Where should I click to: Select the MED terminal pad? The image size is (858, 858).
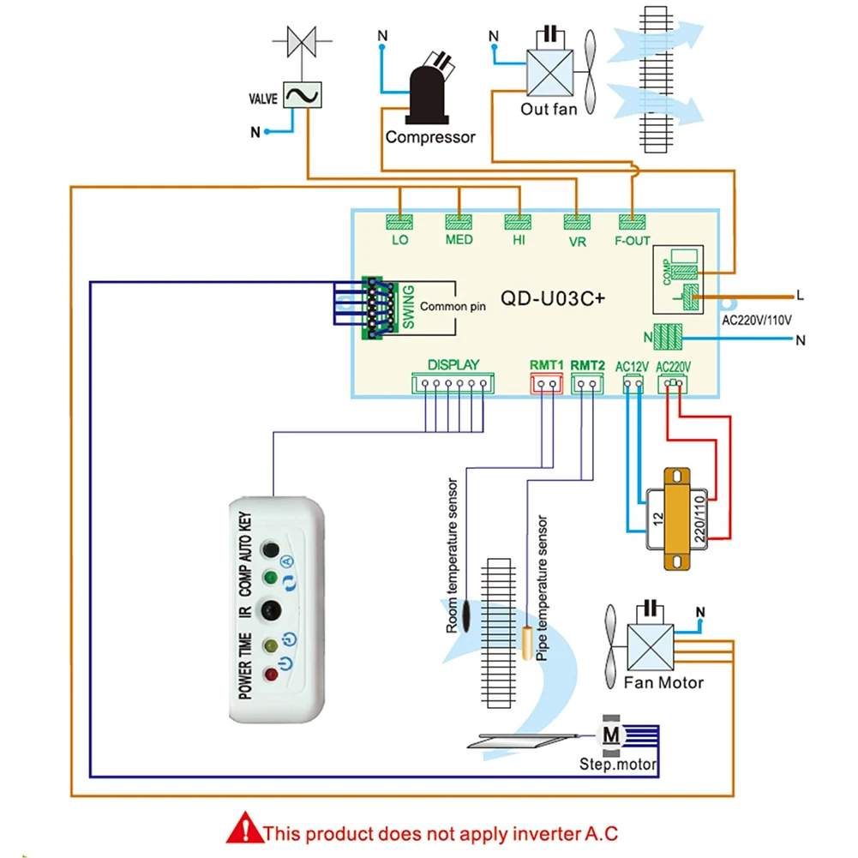click(x=459, y=221)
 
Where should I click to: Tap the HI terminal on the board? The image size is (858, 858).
click(x=519, y=221)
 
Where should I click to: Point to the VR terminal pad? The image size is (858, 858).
click(x=576, y=221)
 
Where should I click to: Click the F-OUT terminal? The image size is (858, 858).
click(x=632, y=221)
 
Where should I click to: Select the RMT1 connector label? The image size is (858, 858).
click(x=546, y=365)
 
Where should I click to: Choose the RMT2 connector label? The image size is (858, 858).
click(x=587, y=365)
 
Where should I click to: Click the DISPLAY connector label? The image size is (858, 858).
click(x=453, y=364)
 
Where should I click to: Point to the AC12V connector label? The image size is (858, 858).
click(x=633, y=366)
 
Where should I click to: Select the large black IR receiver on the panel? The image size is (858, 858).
click(x=271, y=610)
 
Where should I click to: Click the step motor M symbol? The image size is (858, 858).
click(x=610, y=735)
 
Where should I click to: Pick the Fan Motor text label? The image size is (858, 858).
click(x=663, y=683)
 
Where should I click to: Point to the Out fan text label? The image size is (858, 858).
click(x=549, y=109)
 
